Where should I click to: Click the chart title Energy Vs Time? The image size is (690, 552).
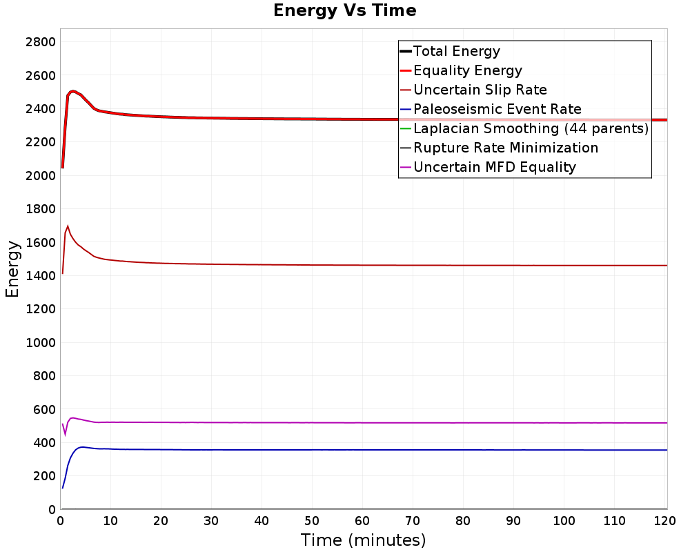pos(344,10)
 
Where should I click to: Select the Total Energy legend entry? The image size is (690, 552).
pos(450,51)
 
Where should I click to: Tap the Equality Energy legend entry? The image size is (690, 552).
pos(461,70)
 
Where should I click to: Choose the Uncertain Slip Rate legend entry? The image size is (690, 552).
pos(473,90)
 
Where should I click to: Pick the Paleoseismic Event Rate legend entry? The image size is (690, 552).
pos(490,109)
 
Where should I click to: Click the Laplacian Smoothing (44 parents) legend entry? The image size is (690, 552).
pos(524,128)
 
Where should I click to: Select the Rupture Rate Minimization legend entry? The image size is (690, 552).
pos(499,148)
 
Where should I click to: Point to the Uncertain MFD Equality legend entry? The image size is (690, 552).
pos(488,167)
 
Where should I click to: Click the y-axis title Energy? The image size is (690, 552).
pos(12,269)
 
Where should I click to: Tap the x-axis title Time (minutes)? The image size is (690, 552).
pos(363,540)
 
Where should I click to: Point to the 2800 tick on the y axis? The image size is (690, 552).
pos(41,42)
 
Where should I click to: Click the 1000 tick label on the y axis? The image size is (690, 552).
pos(41,342)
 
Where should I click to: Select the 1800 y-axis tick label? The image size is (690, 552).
pos(41,209)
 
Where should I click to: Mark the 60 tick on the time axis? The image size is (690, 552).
pos(362,521)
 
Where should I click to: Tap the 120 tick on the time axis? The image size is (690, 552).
pos(664,521)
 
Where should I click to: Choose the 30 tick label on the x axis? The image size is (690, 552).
pos(211,521)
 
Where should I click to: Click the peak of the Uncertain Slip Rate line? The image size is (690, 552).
pos(68,226)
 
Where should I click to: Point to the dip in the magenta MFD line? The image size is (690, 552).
pos(65,435)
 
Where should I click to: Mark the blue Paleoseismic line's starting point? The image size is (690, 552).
pos(63,488)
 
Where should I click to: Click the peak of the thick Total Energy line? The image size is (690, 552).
pos(73,91)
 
